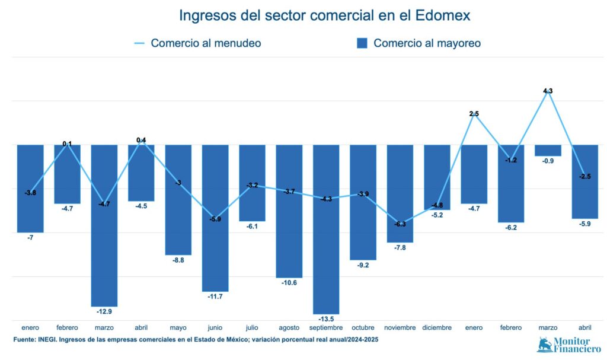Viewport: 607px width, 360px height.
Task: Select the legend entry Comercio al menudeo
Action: (x=198, y=43)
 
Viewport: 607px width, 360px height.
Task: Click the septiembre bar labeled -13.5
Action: (x=326, y=229)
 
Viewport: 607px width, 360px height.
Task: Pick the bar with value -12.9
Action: (x=104, y=225)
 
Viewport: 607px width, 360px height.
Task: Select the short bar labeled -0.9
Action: (x=548, y=151)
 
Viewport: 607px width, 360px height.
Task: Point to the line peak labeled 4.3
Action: (x=548, y=93)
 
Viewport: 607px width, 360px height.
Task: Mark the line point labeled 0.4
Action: (x=141, y=141)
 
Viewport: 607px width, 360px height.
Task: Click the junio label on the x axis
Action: (x=215, y=327)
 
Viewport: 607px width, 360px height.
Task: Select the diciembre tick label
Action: (x=437, y=327)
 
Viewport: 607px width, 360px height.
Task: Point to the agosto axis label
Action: (x=289, y=327)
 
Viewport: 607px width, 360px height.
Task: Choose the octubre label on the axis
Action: (x=363, y=327)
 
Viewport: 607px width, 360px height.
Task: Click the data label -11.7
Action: (x=215, y=297)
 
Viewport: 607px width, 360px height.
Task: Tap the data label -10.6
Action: (x=289, y=283)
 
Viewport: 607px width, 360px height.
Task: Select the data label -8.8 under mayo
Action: (x=178, y=260)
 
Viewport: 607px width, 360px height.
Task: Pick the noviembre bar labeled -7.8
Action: (x=400, y=193)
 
